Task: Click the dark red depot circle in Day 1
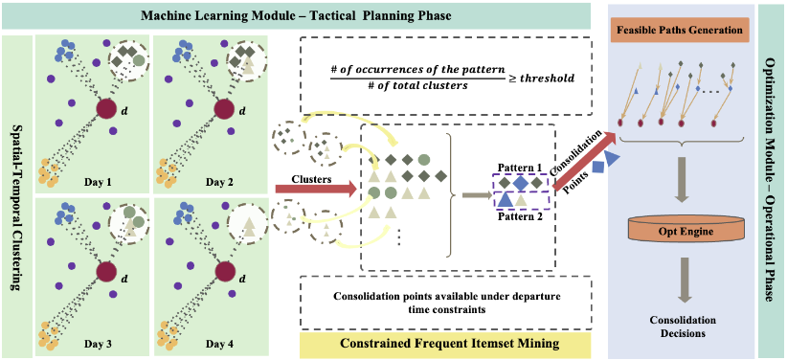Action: [106, 109]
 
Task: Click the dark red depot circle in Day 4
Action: [226, 273]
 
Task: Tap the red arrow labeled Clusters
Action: [316, 189]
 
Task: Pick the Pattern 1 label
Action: [521, 167]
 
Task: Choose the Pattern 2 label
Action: [519, 217]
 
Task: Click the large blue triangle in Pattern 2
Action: [506, 200]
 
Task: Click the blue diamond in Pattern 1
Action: [520, 183]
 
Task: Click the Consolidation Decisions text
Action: [683, 325]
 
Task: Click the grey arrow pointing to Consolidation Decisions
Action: [683, 281]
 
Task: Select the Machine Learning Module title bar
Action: [296, 15]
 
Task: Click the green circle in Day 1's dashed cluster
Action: [140, 60]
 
